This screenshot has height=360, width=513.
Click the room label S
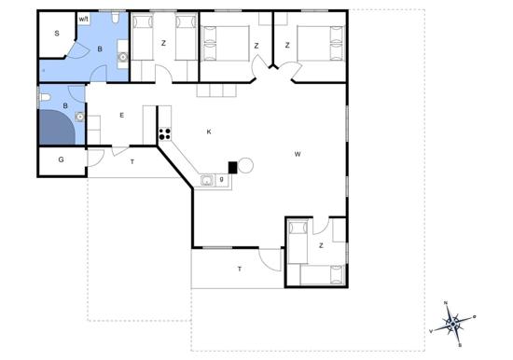(x=57, y=33)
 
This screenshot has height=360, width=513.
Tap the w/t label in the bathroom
(x=84, y=20)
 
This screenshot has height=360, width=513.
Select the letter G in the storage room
(x=61, y=159)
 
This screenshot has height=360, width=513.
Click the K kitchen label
(x=209, y=132)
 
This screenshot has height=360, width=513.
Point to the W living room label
(x=298, y=154)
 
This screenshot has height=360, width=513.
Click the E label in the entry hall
(x=121, y=116)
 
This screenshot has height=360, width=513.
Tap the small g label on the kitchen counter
(x=222, y=179)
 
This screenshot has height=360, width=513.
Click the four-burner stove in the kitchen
(x=165, y=134)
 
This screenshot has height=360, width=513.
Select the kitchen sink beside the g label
(x=207, y=180)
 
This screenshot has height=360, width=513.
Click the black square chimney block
(x=232, y=168)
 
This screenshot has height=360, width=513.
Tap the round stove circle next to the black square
(x=245, y=166)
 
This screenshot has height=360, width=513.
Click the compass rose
(x=452, y=324)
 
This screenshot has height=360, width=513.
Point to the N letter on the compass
(x=446, y=303)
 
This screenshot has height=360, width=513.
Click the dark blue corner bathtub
(x=58, y=127)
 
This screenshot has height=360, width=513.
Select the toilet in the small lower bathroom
(x=45, y=97)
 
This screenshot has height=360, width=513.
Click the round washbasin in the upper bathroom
(x=123, y=57)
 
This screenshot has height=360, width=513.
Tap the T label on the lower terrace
(x=240, y=269)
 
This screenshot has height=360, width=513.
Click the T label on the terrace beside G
(x=132, y=161)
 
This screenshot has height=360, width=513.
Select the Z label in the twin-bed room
(x=163, y=43)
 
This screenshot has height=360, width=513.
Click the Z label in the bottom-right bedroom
(x=321, y=245)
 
